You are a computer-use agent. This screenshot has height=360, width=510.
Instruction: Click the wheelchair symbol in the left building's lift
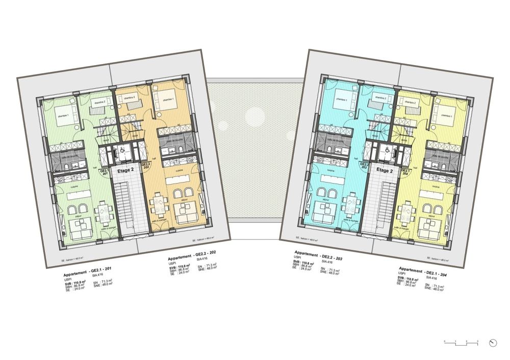pos(121,150)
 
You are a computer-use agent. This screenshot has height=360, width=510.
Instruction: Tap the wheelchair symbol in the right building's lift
pos(387,150)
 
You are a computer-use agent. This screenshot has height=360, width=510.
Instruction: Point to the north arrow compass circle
pos(492,343)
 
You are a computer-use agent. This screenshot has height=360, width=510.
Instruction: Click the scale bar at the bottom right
pos(461,342)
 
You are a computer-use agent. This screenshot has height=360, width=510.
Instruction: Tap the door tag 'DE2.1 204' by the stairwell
pos(405,172)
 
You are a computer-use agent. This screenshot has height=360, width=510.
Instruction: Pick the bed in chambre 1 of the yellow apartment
pos(446,116)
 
